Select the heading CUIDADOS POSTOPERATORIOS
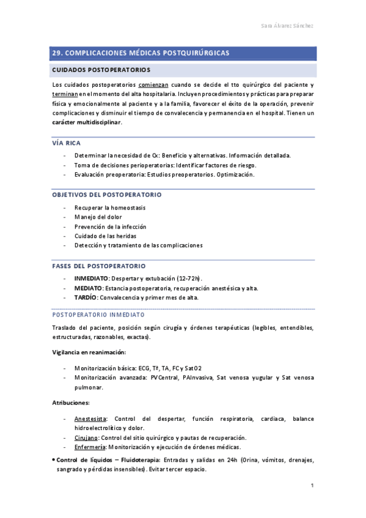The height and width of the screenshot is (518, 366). [101, 70]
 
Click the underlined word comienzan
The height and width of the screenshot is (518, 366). [158, 84]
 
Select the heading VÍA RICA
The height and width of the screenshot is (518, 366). [67, 143]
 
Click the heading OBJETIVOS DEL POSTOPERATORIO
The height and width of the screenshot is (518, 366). [107, 195]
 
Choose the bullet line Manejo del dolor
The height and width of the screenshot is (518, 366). [98, 217]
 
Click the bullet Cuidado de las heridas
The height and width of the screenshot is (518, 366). [105, 236]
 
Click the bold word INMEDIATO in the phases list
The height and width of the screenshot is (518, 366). [92, 279]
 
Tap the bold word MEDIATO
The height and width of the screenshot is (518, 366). [88, 288]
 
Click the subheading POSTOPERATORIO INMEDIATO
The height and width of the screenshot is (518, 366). [99, 315]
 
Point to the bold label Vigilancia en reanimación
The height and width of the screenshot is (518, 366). [89, 352]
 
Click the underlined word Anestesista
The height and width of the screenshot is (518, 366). [90, 418]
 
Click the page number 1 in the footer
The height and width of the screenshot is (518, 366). [312, 486]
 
